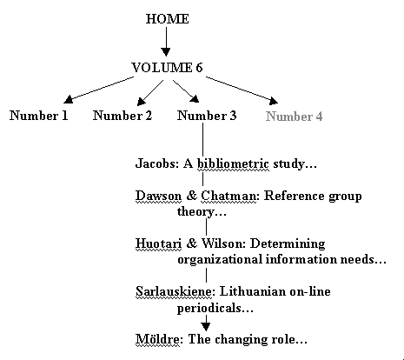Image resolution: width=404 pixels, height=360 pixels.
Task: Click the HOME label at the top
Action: (x=167, y=19)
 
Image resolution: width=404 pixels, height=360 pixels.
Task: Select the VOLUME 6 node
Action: (x=167, y=68)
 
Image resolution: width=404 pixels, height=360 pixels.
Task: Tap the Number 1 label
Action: (x=39, y=116)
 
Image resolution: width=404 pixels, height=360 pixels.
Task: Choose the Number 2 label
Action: (x=123, y=116)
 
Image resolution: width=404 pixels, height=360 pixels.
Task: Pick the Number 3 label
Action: (x=207, y=116)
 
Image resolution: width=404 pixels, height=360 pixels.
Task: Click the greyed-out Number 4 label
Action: (x=294, y=117)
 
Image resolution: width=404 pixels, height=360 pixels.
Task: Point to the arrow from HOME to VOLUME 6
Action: (x=166, y=42)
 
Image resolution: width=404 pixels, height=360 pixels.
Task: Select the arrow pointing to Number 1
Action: (x=98, y=90)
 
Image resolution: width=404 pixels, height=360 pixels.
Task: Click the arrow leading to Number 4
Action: (x=242, y=90)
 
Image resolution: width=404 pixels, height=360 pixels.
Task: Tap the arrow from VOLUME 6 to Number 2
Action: (x=150, y=93)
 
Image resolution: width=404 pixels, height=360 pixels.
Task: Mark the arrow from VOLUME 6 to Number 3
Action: (x=186, y=91)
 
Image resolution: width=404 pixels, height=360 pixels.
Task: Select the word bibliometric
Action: (x=233, y=164)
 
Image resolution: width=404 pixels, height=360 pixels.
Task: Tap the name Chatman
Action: (x=228, y=196)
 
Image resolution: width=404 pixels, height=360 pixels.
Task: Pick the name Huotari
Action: (x=159, y=243)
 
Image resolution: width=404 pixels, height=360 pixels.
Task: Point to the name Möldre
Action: (x=157, y=339)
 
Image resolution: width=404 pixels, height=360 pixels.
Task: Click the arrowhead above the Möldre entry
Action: (x=206, y=327)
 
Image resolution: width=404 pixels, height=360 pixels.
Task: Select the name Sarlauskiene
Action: (x=174, y=291)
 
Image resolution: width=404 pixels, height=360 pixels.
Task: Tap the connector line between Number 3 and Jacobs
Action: (x=202, y=139)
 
